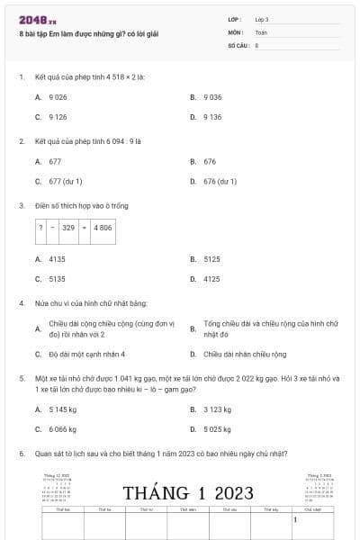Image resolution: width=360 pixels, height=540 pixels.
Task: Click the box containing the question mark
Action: (40, 228)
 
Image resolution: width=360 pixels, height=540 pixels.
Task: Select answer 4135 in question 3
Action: (57, 258)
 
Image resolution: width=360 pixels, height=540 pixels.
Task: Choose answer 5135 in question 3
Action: (57, 279)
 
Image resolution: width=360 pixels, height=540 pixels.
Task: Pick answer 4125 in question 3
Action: (211, 279)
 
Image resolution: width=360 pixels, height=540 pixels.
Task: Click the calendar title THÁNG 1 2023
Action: (188, 492)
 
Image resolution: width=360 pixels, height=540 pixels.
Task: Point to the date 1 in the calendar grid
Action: (295, 519)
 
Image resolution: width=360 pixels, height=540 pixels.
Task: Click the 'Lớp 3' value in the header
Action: (261, 18)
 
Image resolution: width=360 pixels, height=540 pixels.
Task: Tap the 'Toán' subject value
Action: (261, 31)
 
